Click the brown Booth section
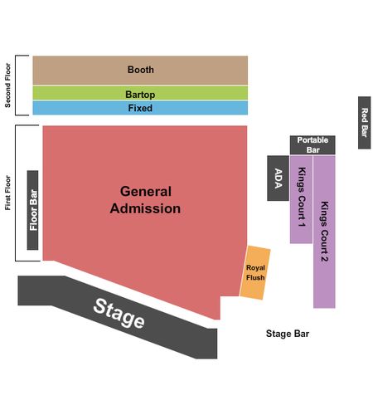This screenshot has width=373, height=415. point(140,71)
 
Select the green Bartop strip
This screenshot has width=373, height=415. point(140,93)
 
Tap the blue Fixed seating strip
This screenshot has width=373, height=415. point(140,108)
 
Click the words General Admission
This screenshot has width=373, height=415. point(145,200)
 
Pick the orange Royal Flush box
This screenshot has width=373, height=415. point(255,272)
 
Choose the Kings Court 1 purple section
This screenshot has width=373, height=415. point(301,199)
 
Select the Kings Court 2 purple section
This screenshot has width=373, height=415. point(324,232)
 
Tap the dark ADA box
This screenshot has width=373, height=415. point(278,178)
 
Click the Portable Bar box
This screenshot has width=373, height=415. point(312,145)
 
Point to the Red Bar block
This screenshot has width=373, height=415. point(365,123)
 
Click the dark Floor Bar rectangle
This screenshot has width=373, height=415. point(32,210)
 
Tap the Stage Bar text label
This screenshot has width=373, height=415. point(288,334)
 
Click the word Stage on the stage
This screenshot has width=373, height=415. point(119,313)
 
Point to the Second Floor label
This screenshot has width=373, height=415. point(7,85)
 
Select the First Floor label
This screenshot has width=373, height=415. point(7,193)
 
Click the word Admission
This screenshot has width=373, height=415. point(145,208)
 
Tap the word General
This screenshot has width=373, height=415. point(146,191)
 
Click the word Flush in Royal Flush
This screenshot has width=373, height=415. point(255,277)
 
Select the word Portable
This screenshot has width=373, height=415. point(312,140)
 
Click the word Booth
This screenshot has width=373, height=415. point(141,70)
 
